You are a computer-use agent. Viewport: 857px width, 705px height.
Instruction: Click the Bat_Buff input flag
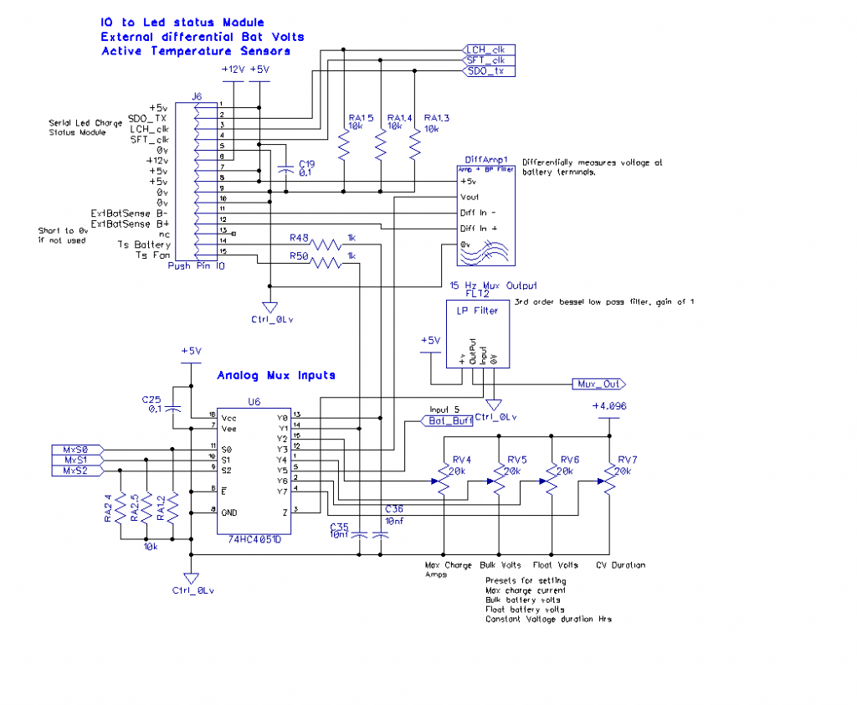tap(445, 420)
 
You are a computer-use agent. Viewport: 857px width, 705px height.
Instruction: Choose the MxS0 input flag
tap(76, 449)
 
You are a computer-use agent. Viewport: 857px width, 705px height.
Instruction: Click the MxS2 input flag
tap(76, 471)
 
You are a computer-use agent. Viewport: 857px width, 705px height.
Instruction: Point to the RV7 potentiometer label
tap(628, 460)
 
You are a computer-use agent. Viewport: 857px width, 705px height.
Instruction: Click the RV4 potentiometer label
tap(462, 460)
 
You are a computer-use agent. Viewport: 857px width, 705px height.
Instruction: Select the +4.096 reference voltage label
tap(608, 406)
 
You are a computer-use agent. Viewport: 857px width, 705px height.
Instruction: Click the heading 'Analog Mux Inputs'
tap(276, 375)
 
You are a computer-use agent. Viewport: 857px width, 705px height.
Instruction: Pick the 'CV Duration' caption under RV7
tap(620, 565)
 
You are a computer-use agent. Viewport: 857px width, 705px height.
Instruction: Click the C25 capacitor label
tap(151, 399)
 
